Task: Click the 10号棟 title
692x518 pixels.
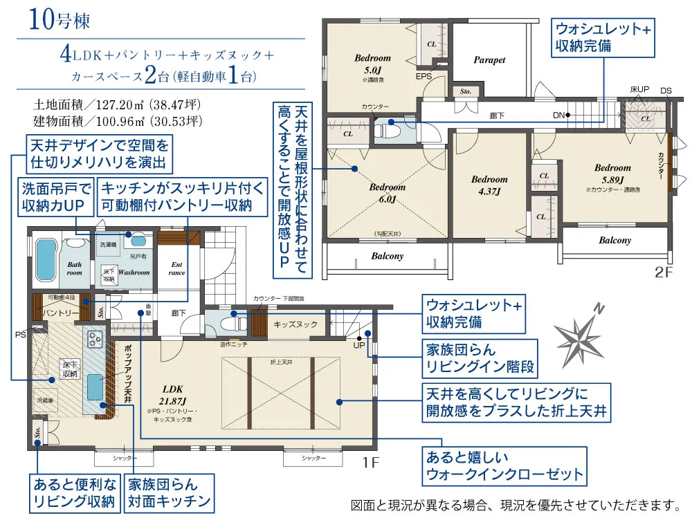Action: click(60, 20)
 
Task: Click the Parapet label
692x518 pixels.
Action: click(489, 60)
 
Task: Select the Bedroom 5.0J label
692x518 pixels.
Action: click(372, 64)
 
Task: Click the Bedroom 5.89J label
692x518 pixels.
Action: click(612, 173)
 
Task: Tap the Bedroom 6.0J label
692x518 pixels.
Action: click(387, 193)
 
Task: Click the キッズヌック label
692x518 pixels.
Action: click(295, 324)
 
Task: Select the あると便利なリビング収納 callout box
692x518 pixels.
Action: click(73, 492)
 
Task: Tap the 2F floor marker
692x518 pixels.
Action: click(663, 272)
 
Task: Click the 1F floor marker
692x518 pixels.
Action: click(371, 461)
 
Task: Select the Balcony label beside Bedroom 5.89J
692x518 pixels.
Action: click(614, 241)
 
